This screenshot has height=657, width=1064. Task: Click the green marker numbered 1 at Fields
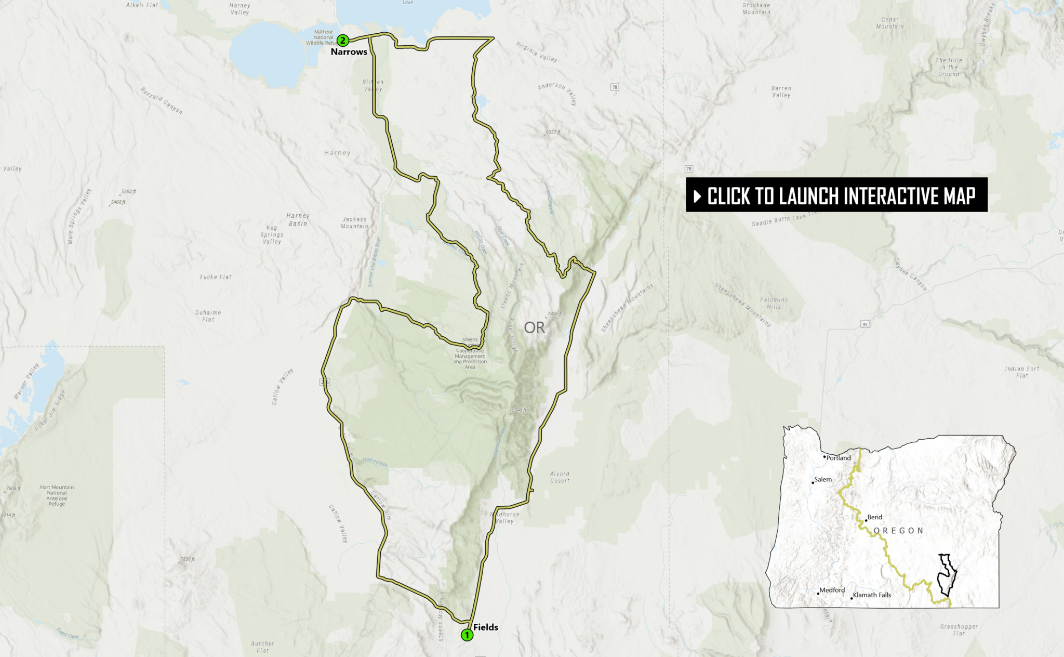pos(467,635)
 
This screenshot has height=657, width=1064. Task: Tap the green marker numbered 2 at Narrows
pos(342,40)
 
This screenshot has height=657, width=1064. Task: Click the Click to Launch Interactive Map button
pos(836,195)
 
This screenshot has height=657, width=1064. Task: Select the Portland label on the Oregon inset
pos(839,458)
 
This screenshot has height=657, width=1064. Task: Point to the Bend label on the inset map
pos(875,517)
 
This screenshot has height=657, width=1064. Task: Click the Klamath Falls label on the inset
pos(872,595)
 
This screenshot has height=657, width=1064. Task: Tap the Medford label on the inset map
pos(832,590)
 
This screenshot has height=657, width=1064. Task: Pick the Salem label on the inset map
pos(823,479)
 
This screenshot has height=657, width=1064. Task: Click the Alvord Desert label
pos(560,477)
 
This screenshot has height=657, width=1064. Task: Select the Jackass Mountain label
pos(354,223)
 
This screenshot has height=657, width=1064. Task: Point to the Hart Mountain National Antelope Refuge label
pos(57,495)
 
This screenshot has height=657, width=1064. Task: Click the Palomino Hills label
pos(774,303)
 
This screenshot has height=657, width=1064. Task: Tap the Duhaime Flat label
pos(208,316)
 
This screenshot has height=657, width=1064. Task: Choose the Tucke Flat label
pos(216,277)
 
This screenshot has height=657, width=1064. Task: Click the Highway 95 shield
pos(865,324)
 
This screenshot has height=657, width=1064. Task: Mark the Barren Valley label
pos(781,91)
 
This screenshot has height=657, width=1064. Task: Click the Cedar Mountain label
pos(890,23)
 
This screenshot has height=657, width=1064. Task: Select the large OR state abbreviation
pos(534,328)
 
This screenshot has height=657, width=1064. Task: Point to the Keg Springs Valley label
pos(272,234)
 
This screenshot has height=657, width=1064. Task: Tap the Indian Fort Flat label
pos(1022,372)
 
